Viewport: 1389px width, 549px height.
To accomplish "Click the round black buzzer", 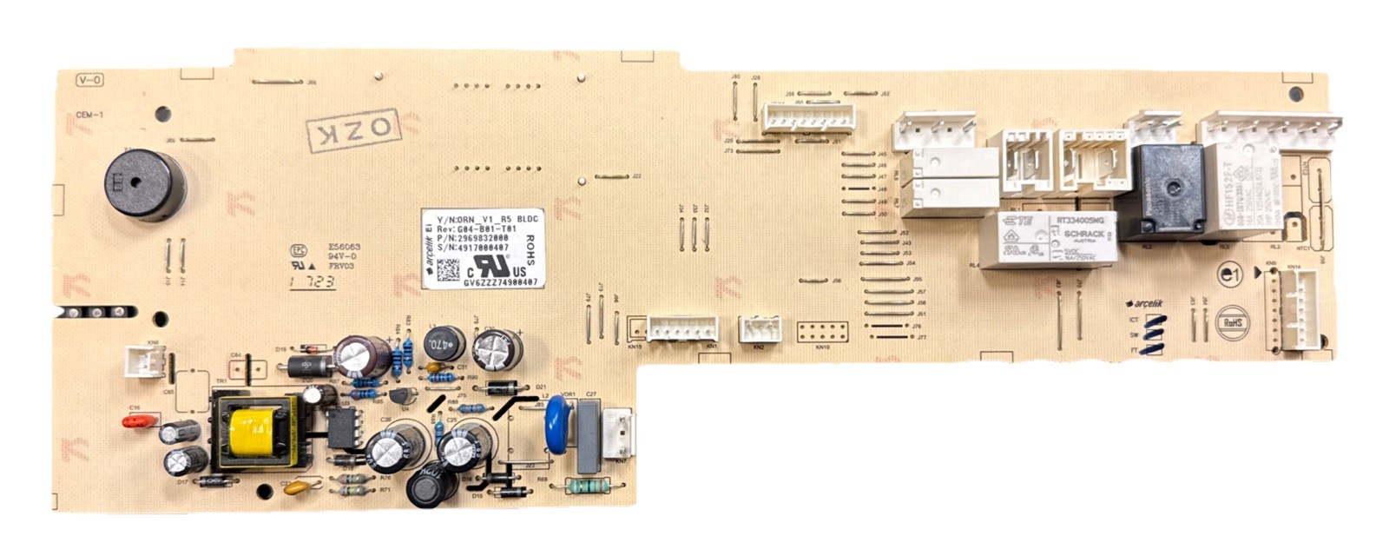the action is tap(145, 184).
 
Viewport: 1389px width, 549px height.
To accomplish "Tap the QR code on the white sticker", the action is tap(447, 271).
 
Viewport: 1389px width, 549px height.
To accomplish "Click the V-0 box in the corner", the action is tap(89, 81).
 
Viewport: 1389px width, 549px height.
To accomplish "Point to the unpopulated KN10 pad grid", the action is tap(821, 332).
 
